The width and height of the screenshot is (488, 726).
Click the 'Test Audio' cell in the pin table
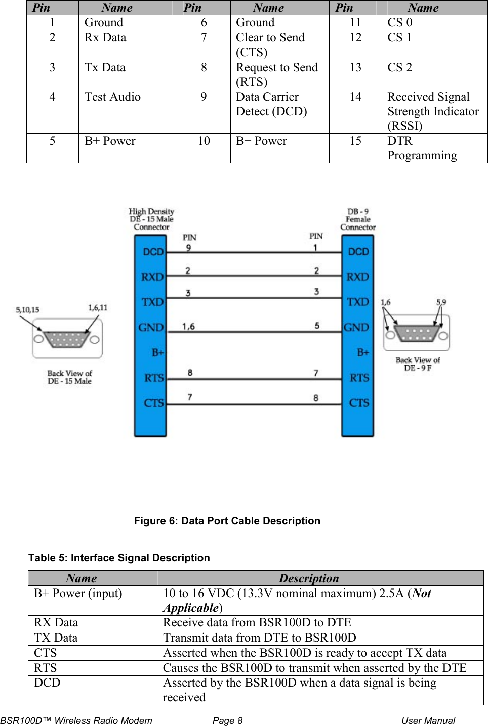coord(112,97)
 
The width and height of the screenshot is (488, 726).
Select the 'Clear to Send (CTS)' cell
coord(270,44)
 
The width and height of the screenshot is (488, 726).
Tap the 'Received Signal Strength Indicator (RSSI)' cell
coord(433,111)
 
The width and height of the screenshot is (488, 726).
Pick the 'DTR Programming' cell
coord(422,148)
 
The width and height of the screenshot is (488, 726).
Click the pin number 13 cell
coord(355,67)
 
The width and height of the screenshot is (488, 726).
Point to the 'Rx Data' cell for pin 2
coord(105,37)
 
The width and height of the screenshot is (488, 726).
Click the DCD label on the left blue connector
coord(153,252)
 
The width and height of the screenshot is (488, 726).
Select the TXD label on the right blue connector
coord(358,302)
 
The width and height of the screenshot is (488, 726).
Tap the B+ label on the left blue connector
coord(158,352)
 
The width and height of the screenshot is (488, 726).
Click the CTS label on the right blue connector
coord(359,403)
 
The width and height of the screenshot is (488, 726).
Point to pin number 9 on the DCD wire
coord(188,248)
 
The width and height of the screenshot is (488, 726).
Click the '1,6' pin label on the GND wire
coord(188,327)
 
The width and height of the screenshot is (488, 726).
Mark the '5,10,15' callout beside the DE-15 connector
coord(27,310)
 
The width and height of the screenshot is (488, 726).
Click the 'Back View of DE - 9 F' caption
coord(418,364)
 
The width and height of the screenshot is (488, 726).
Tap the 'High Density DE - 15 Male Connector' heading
coord(151,219)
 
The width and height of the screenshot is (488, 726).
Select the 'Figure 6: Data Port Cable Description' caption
coord(227,521)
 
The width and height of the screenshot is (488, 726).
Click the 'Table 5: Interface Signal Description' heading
coord(119,558)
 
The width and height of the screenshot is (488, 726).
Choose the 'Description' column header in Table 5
coord(309,578)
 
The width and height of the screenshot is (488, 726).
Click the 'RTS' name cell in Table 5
coord(46,668)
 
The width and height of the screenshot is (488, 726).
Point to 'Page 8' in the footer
coord(227,720)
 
